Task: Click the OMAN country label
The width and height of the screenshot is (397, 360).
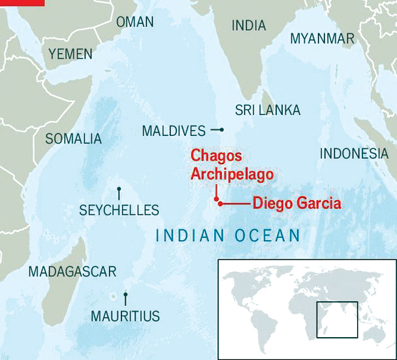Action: [135, 22]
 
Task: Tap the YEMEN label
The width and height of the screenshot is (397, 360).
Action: [71, 54]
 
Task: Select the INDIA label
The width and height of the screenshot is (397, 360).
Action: [249, 25]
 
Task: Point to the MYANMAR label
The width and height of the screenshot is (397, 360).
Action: [322, 39]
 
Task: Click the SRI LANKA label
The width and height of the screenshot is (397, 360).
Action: [268, 110]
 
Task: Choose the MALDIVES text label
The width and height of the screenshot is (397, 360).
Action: [174, 131]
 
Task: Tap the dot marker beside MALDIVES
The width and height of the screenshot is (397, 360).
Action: [221, 130]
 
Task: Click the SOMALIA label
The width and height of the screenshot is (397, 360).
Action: [73, 139]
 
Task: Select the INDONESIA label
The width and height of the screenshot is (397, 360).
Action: [353, 154]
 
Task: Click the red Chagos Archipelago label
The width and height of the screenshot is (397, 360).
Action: [231, 165]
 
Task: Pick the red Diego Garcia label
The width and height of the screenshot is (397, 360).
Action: [296, 203]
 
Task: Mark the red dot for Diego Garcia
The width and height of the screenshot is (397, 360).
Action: [221, 204]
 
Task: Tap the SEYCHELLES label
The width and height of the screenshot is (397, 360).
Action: [119, 210]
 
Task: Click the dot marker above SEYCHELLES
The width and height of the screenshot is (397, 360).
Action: [119, 190]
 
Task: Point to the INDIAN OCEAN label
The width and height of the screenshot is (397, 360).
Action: [227, 235]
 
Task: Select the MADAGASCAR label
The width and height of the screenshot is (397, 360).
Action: [72, 272]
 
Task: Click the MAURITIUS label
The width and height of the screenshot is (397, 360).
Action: [125, 316]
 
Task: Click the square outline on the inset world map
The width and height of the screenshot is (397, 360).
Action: [336, 319]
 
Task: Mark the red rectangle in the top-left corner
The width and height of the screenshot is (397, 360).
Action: [22, 2]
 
